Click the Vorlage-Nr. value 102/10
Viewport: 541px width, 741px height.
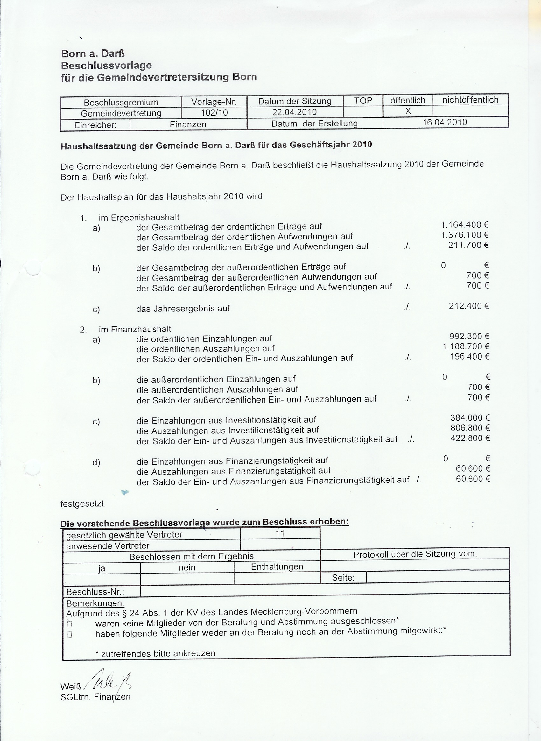[214, 113]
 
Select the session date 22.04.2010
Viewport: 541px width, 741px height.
[294, 112]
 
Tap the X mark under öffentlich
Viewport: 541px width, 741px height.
[408, 111]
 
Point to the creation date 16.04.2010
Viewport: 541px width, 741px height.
[445, 122]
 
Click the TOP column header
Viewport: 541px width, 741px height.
[363, 101]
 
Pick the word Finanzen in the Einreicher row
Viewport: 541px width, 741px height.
[188, 125]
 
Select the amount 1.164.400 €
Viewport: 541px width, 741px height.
[465, 225]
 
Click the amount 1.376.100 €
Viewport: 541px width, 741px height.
[465, 235]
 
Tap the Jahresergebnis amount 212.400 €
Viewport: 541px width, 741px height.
[469, 306]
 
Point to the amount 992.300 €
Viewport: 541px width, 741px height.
[469, 336]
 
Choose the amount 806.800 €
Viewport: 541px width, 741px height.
[470, 428]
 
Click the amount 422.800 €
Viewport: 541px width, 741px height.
[470, 438]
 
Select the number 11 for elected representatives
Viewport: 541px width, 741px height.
[280, 534]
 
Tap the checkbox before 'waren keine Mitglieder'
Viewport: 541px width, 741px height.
[69, 624]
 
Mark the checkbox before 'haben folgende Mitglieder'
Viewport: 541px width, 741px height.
[69, 635]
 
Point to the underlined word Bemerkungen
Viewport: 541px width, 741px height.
[95, 603]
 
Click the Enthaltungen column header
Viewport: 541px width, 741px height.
[277, 566]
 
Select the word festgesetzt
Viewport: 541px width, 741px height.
[83, 504]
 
